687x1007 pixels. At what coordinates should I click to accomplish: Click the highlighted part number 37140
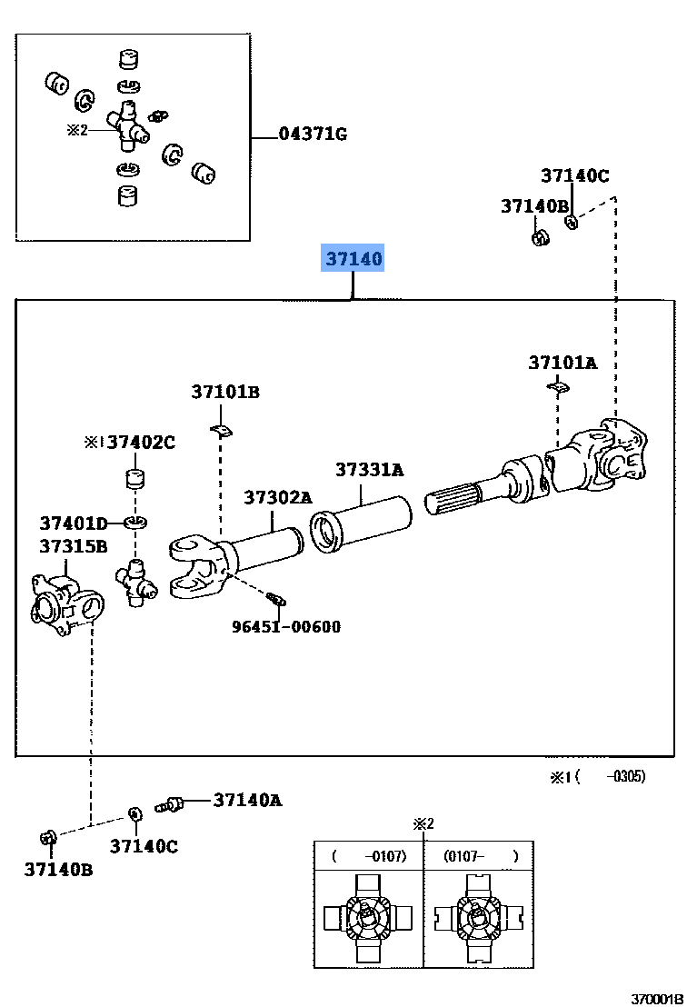(x=354, y=259)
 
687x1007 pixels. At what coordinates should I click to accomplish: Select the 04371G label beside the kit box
(x=313, y=135)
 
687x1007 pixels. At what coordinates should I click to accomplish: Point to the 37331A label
(x=369, y=470)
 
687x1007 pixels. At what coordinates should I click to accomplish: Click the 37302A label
(x=277, y=497)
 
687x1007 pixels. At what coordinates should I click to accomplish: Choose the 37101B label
(x=225, y=392)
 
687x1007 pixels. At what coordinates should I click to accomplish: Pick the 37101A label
(x=563, y=363)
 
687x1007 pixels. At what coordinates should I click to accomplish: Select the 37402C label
(x=141, y=443)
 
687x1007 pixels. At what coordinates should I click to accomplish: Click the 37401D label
(x=73, y=523)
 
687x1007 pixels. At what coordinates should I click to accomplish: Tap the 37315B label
(x=73, y=546)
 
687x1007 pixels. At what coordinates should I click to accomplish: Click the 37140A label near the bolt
(x=247, y=800)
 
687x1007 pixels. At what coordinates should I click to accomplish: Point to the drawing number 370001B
(x=657, y=998)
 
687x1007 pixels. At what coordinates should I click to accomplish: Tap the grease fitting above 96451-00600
(x=276, y=598)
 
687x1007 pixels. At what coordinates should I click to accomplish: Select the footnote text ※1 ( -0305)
(x=596, y=777)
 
